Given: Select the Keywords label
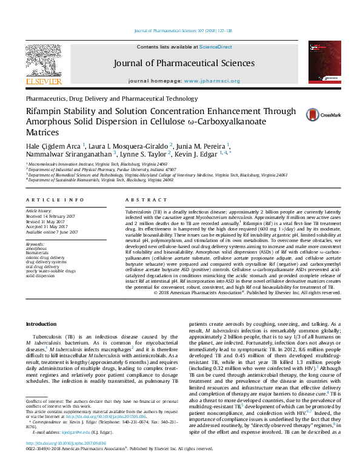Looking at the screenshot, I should point(35,244).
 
